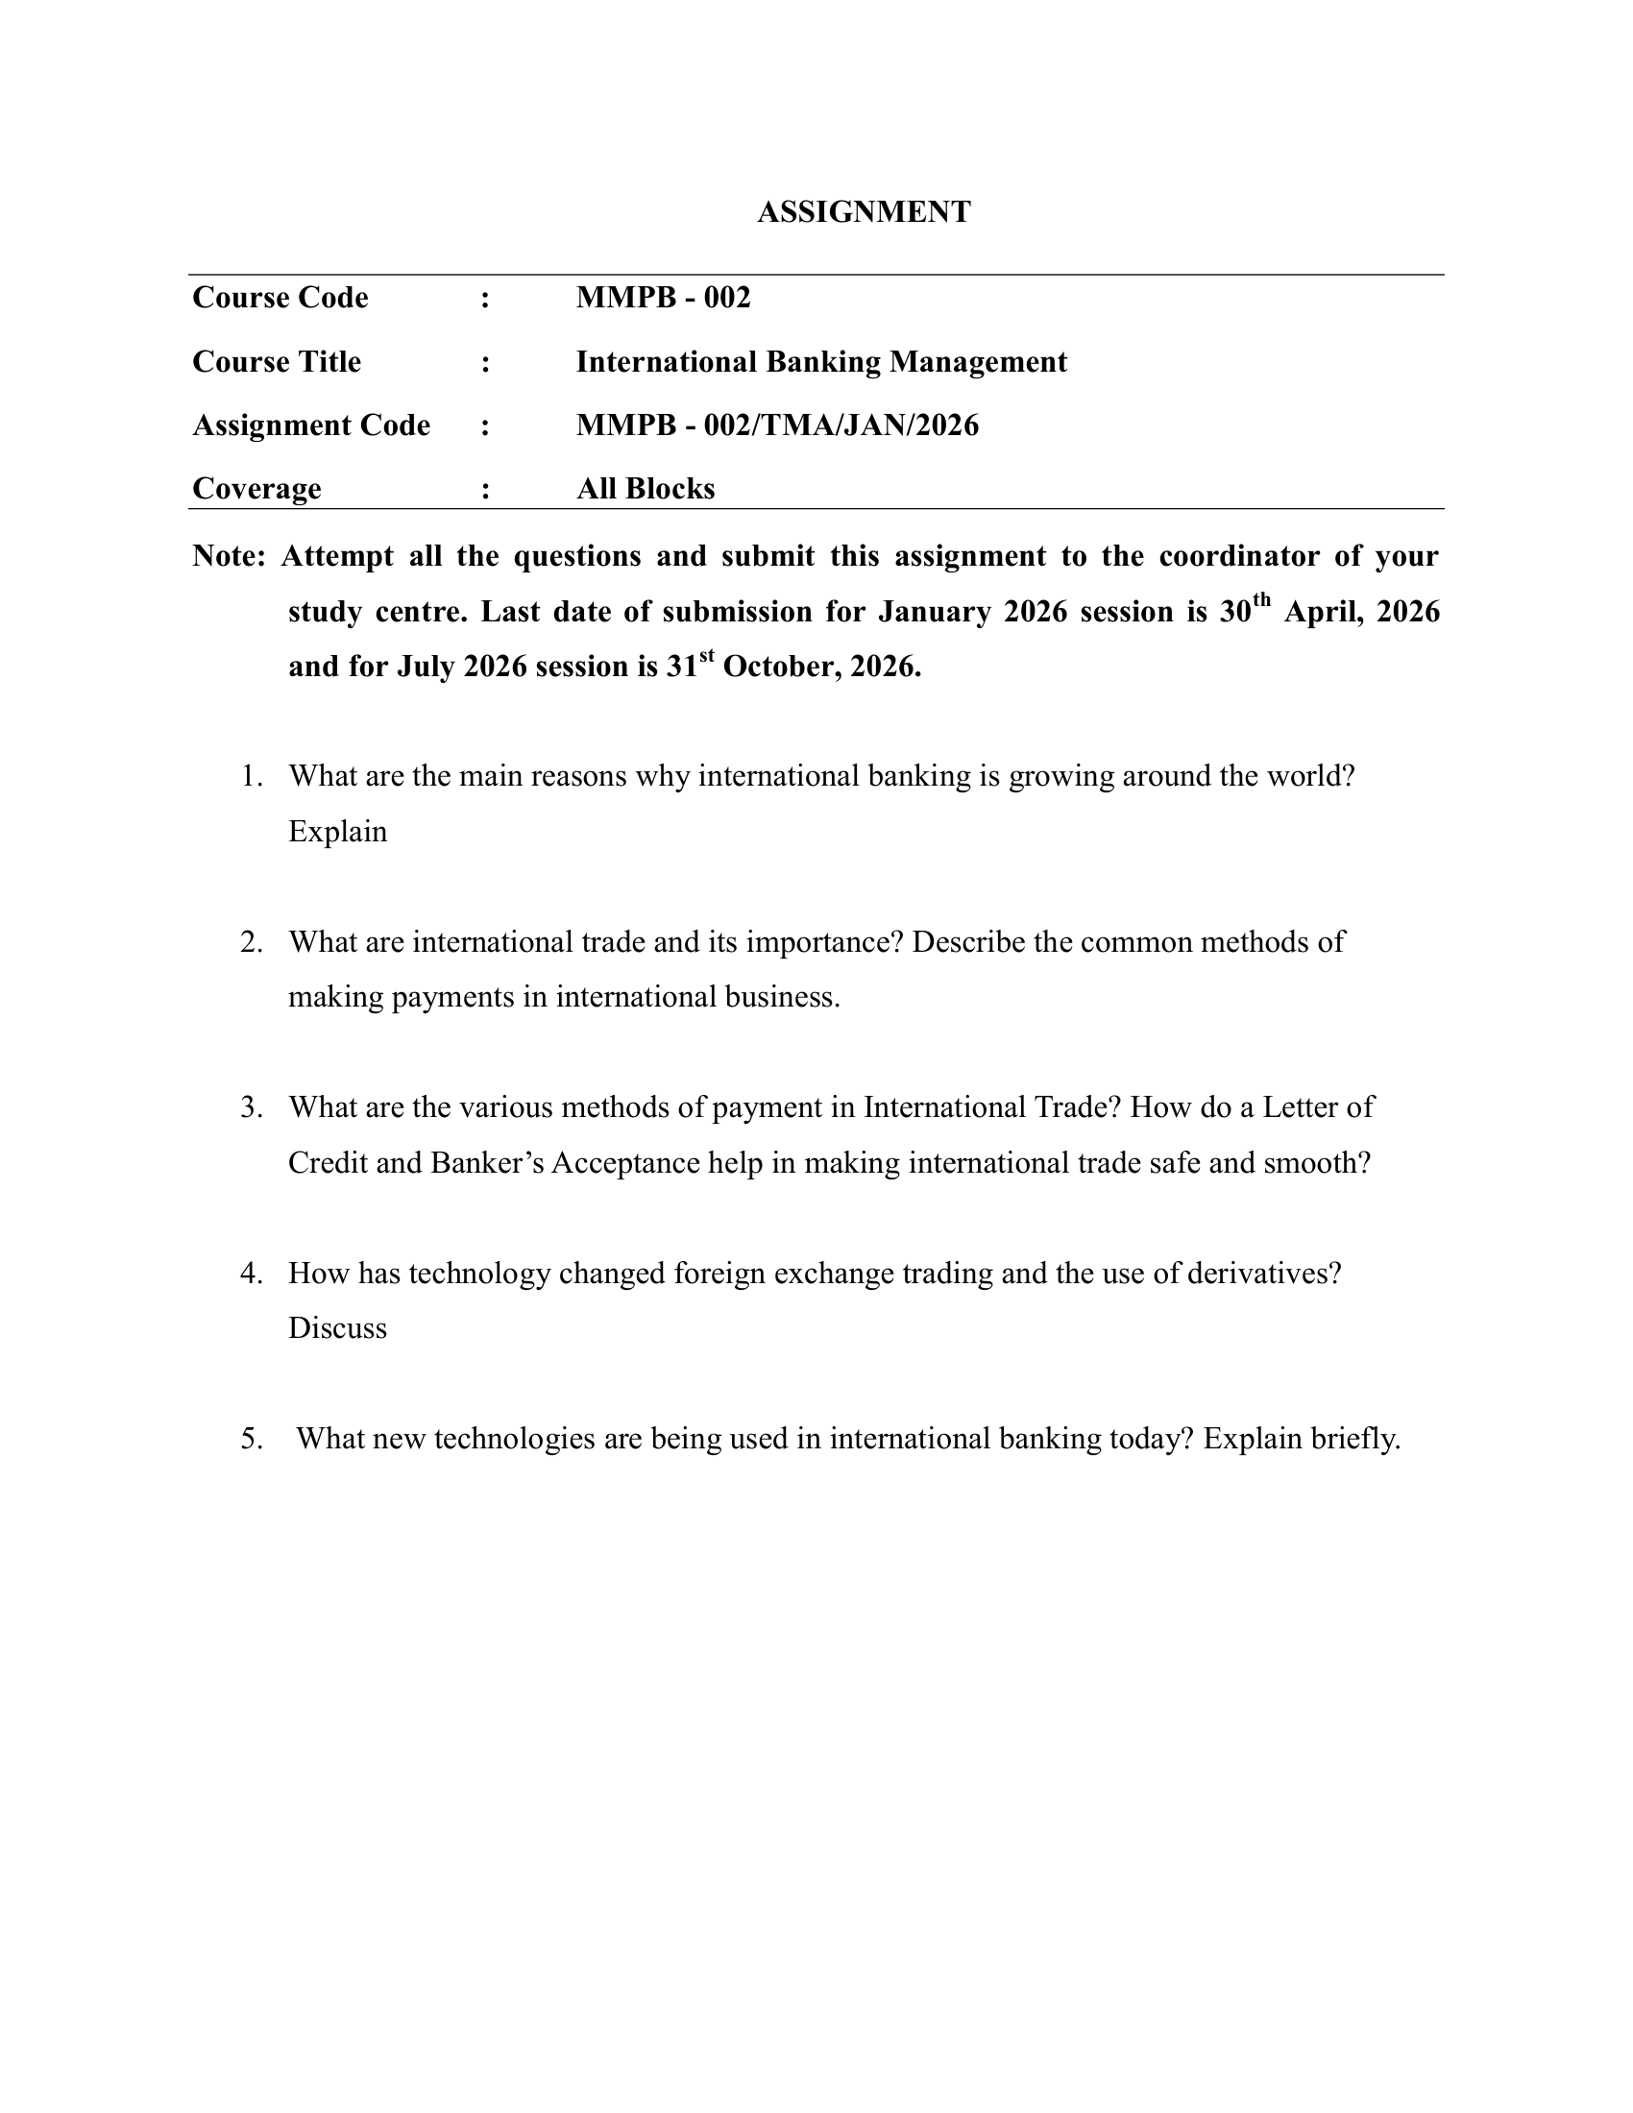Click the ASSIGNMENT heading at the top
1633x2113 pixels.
point(863,212)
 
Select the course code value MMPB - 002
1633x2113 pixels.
point(663,297)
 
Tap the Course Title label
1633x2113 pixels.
point(277,362)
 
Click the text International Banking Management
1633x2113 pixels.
point(820,362)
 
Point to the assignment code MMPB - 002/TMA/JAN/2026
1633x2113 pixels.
point(777,425)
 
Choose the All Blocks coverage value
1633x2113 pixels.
point(646,489)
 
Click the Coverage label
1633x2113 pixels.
point(256,489)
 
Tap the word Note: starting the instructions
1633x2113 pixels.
point(229,556)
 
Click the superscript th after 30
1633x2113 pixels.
point(1260,602)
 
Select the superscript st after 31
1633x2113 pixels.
point(706,657)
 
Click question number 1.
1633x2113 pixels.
point(252,776)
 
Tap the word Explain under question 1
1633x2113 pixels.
point(337,832)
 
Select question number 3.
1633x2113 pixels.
point(252,1106)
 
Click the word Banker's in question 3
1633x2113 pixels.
point(487,1162)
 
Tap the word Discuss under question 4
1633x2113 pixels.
point(337,1328)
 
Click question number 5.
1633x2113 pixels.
point(252,1439)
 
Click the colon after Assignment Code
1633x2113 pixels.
point(485,425)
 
